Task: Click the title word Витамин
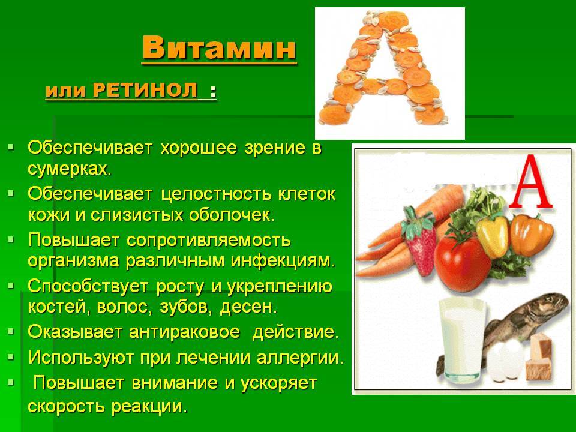[219, 47]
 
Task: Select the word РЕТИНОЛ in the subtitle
[145, 90]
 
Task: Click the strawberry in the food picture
[420, 241]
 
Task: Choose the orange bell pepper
[531, 235]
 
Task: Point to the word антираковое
[184, 332]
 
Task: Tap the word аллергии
[300, 358]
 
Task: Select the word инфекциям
[283, 261]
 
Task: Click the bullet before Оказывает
[11, 331]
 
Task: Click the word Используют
[81, 358]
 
